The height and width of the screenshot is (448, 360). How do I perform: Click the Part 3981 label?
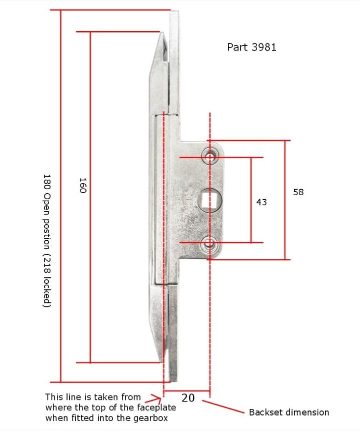click(x=251, y=47)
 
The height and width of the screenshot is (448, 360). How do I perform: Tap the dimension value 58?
click(x=298, y=192)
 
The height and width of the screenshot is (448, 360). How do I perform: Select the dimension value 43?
click(x=261, y=202)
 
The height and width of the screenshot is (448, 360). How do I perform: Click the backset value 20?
click(x=188, y=398)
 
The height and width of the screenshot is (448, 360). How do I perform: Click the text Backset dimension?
click(x=289, y=412)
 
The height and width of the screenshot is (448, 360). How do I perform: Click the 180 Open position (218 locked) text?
click(x=46, y=241)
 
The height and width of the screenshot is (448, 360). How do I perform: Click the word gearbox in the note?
click(x=149, y=418)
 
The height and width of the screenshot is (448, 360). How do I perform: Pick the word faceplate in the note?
click(x=157, y=407)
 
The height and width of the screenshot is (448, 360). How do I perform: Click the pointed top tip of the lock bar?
click(x=161, y=34)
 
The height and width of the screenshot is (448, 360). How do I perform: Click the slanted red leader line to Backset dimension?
click(x=223, y=405)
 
